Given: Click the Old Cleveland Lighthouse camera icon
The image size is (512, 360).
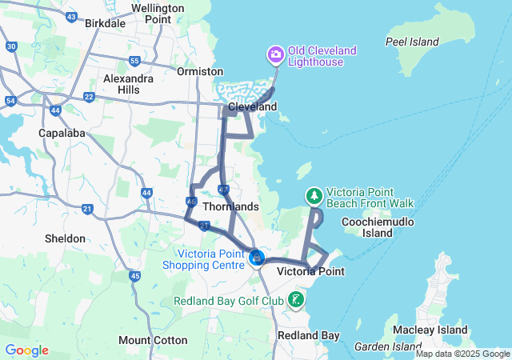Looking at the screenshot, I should tap(275, 54).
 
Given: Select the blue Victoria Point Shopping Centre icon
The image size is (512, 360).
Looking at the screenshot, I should tap(257, 258).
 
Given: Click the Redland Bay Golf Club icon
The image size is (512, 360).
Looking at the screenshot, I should tap(296, 301).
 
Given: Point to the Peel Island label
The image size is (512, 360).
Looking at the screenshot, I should tap(412, 42).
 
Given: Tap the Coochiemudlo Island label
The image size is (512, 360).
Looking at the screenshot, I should tap(378, 226).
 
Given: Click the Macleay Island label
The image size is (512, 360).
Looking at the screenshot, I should tap(441, 330).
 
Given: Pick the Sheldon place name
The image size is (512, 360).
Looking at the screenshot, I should tap(66, 238).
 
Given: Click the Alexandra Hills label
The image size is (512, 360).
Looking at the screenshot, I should tap(128, 84).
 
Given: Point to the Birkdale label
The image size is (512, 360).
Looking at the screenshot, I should tap(105, 23).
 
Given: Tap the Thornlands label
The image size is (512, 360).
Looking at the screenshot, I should tap(231, 206).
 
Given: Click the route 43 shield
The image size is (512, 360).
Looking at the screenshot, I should tap(72, 16).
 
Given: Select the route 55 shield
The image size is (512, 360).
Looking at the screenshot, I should tap(134, 61).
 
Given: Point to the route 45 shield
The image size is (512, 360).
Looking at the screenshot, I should tap(134, 276).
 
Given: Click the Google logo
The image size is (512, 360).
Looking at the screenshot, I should tap(26, 350).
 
